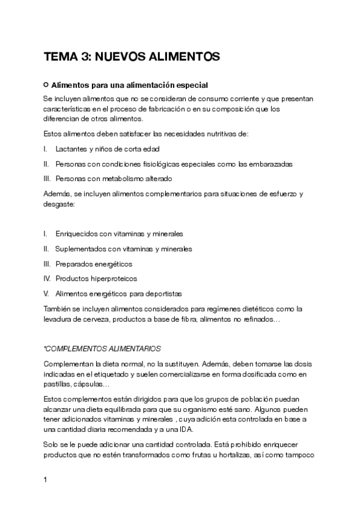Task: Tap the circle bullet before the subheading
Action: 46,85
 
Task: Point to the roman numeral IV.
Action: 47,278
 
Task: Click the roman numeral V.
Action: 46,293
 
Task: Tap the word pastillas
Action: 58,384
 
